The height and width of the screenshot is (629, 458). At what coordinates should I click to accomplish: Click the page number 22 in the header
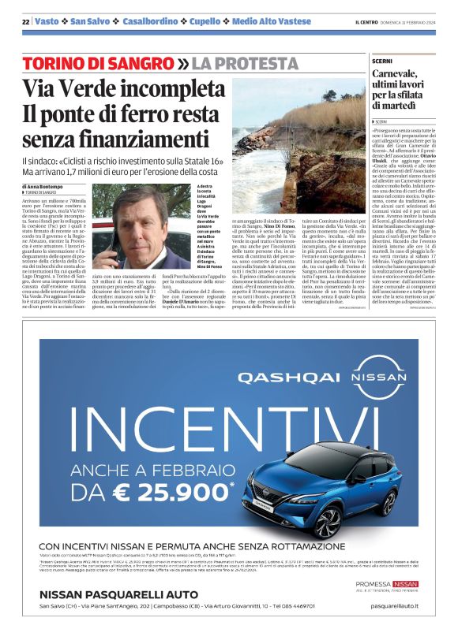coord(25,21)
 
